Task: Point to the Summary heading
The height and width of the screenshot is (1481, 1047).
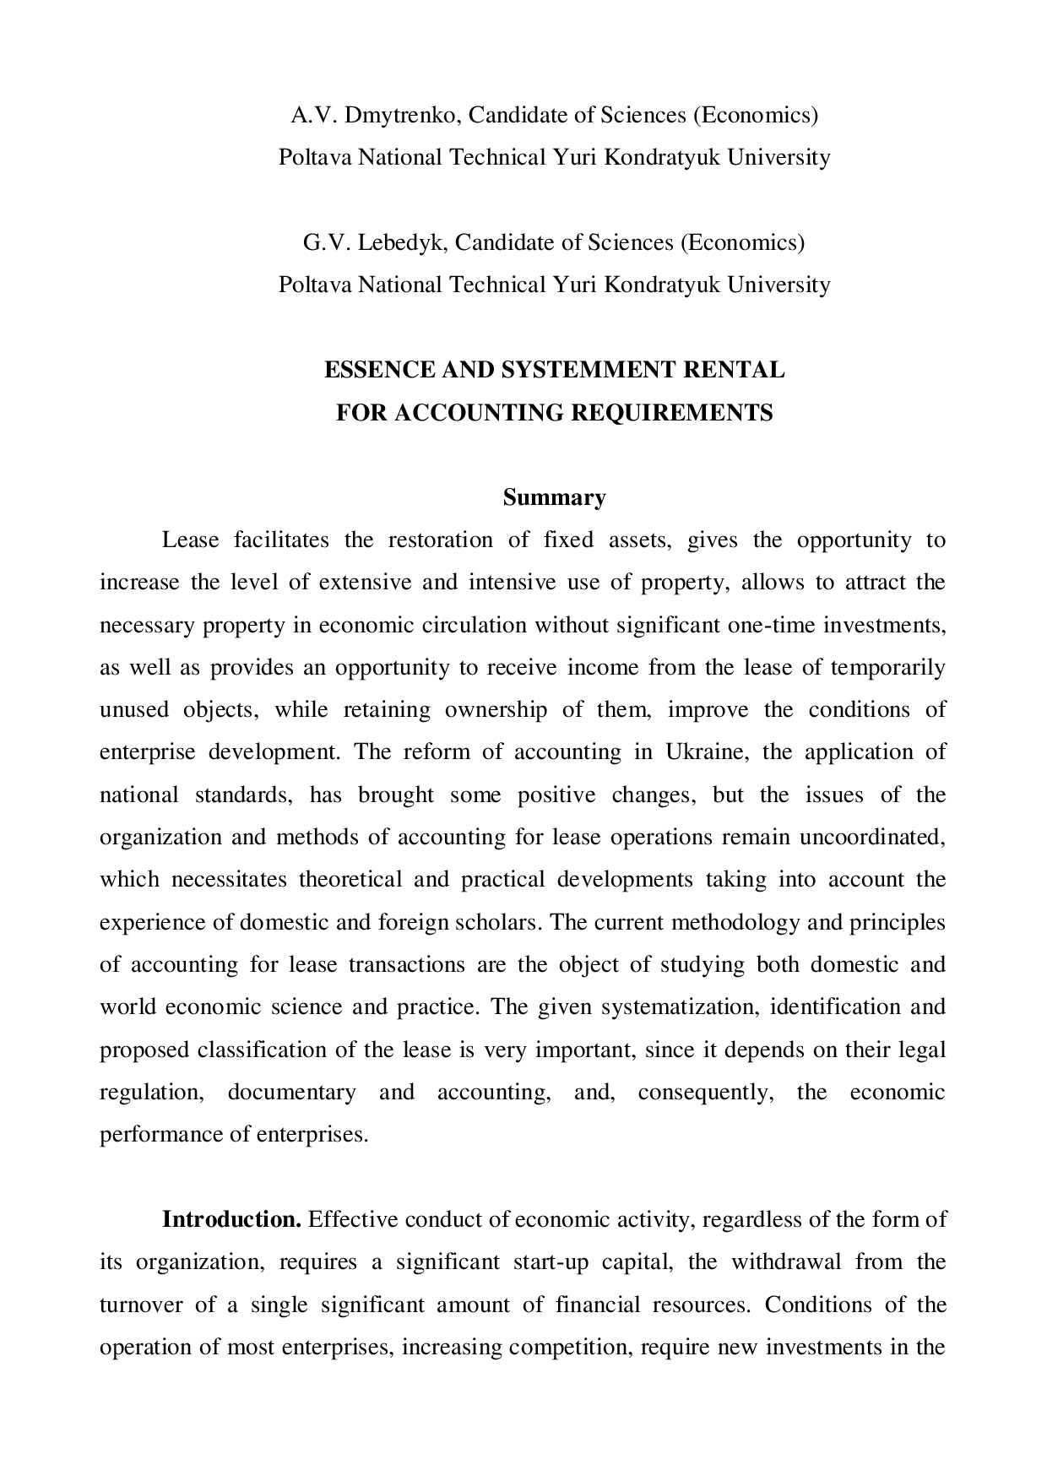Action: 554,497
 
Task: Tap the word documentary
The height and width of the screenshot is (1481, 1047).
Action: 291,1092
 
